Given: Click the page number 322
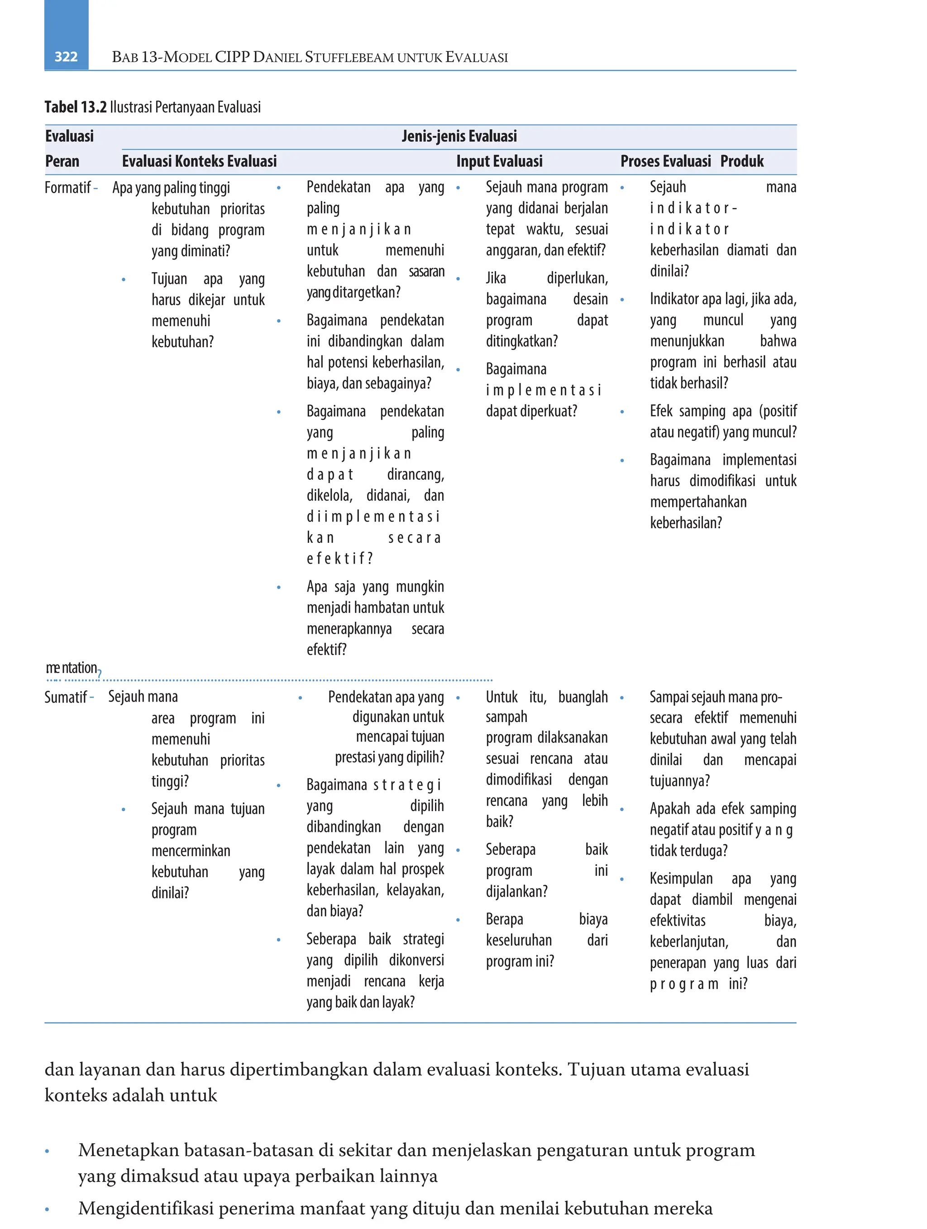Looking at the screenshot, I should point(66,57).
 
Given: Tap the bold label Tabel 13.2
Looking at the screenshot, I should point(75,107).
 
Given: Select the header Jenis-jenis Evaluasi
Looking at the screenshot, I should point(459,136).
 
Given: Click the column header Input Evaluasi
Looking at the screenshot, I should point(499,161).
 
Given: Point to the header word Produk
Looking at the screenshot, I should point(741,161).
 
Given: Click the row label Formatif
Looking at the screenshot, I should point(67,188).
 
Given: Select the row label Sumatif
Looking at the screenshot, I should point(66,697).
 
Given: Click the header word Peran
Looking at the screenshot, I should point(62,161).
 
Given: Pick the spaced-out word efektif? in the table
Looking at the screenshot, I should point(339,559).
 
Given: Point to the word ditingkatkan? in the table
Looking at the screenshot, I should point(521,341).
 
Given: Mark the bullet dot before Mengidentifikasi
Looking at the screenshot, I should point(47,1210).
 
